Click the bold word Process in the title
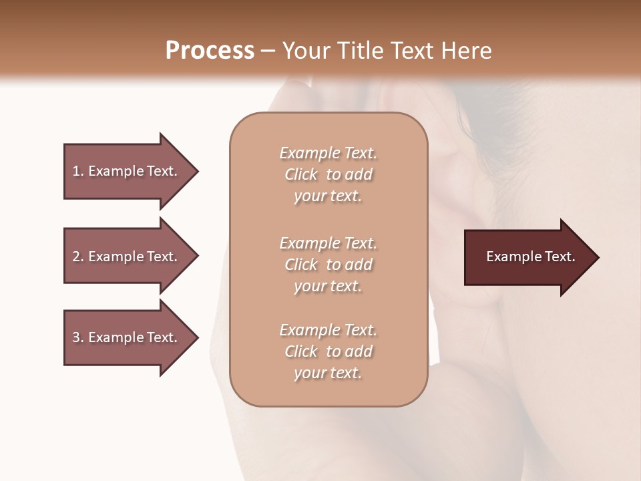(210, 51)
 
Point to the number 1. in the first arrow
(77, 171)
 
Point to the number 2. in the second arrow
(77, 257)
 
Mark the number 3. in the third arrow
(77, 337)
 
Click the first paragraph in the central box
(328, 174)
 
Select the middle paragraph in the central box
(328, 265)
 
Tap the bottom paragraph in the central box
(328, 351)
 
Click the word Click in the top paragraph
(301, 174)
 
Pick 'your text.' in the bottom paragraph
(328, 373)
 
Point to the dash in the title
(268, 51)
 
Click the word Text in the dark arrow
(560, 257)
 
